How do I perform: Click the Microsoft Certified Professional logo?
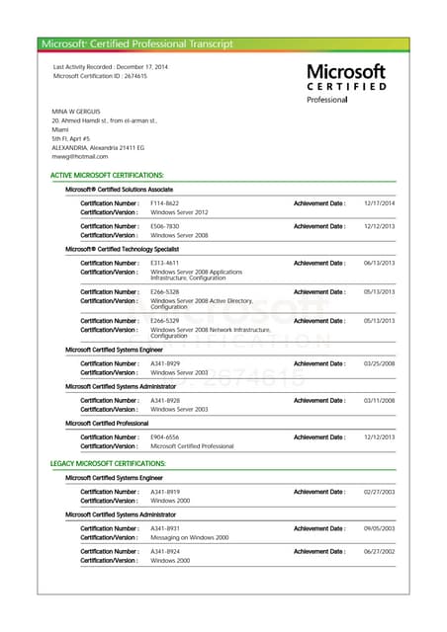tap(346, 83)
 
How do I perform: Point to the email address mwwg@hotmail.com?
tap(80, 156)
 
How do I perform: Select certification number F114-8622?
tap(164, 202)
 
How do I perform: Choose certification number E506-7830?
tap(164, 226)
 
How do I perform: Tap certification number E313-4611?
tap(164, 263)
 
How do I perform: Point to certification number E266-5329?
tap(164, 321)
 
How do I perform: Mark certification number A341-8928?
tap(164, 400)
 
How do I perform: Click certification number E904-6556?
tap(164, 436)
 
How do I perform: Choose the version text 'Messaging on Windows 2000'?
tap(189, 537)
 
